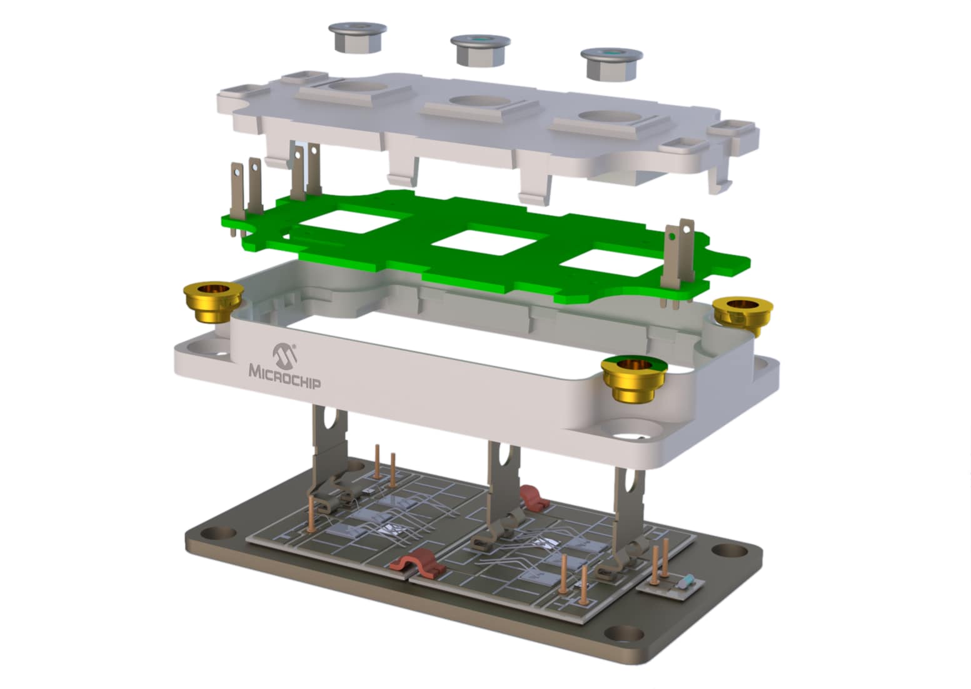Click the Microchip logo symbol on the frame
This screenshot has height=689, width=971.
point(284,353)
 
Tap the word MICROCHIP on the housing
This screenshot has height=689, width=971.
point(285,376)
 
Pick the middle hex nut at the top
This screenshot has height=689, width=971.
point(480,49)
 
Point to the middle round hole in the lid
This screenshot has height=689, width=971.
point(479,101)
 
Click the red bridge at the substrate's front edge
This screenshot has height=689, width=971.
point(418,562)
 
